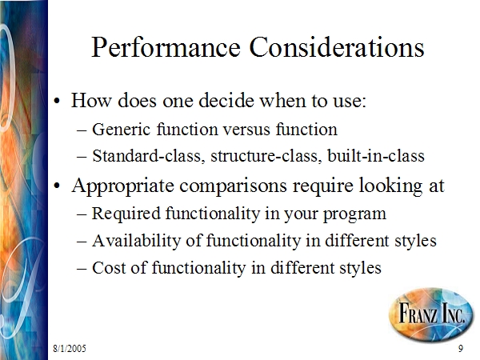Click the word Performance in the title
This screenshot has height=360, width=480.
pos(166,48)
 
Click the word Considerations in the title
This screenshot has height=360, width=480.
pos(337,47)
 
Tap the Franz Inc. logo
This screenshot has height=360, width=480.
pos(431,314)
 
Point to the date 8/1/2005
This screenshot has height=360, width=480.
pos(70,348)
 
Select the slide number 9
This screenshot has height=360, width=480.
pos(461,348)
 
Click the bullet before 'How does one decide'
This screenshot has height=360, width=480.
pos(57,101)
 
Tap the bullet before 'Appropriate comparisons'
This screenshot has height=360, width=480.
pos(57,186)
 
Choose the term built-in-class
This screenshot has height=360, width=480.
pos(376,155)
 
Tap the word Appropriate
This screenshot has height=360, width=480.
pos(122,186)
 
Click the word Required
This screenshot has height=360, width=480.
pos(126,214)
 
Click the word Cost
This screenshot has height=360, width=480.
pos(109,267)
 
